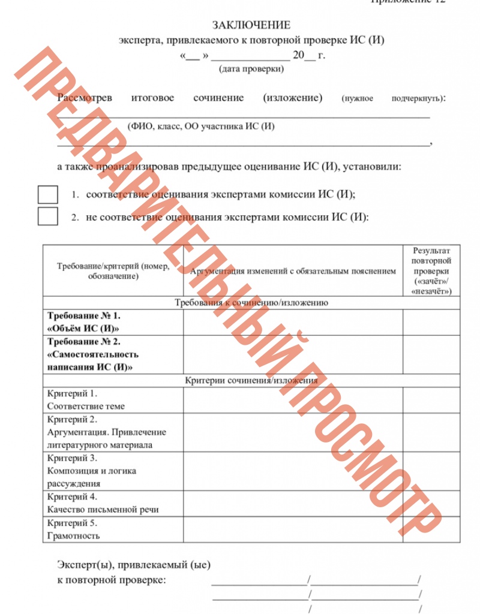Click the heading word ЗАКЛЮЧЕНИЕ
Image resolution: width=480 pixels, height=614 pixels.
[251, 25]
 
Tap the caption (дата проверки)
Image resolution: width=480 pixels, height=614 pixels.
[251, 69]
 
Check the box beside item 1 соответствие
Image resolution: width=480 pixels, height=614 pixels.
[48, 195]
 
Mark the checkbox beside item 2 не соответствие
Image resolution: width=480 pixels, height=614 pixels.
[48, 216]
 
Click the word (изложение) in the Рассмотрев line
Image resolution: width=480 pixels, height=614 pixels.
[293, 98]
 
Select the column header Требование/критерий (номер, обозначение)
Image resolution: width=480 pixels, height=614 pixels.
[113, 271]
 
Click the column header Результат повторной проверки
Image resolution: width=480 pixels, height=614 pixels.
[432, 270]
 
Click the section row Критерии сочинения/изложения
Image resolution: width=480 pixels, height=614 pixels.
[251, 380]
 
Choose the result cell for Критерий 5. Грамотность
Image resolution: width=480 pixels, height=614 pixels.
[432, 529]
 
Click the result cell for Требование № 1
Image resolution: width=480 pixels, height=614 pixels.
[432, 322]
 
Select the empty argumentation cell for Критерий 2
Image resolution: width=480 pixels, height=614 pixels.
[293, 432]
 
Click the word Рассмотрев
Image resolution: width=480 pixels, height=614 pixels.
[81, 98]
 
